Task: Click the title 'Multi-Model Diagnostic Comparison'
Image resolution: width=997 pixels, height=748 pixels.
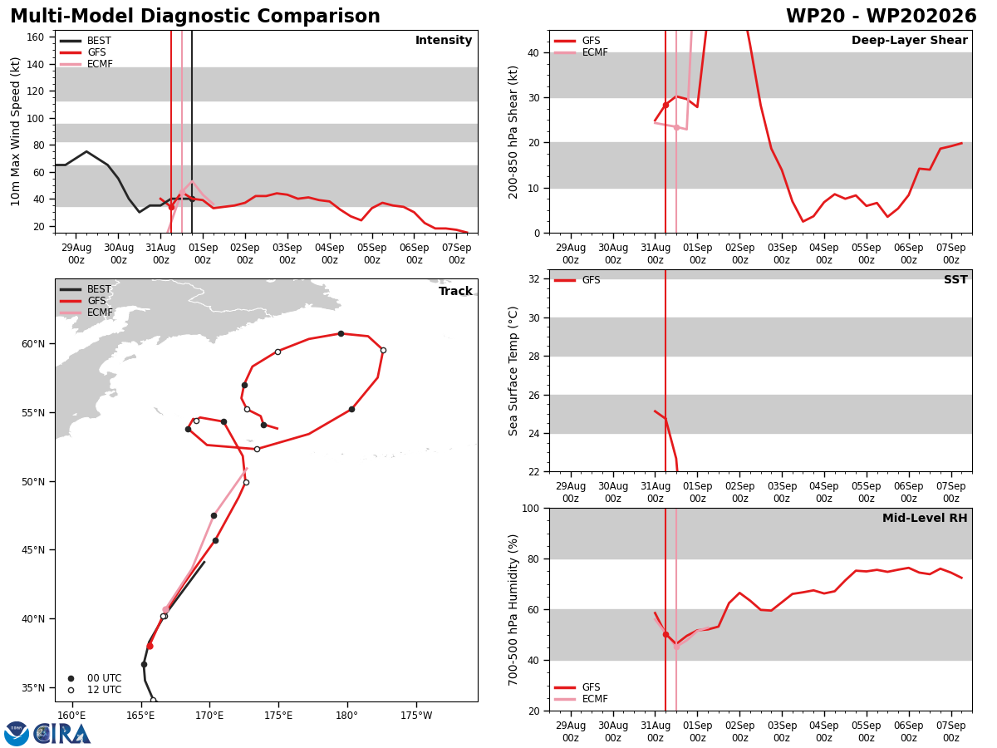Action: (x=195, y=17)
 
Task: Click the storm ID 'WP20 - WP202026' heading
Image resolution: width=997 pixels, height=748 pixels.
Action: (x=881, y=17)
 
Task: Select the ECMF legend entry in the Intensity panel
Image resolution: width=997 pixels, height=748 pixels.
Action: (x=86, y=64)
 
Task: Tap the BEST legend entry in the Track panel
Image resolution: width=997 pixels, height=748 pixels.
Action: (x=85, y=289)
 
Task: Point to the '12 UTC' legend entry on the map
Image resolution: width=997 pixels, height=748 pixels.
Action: (x=95, y=690)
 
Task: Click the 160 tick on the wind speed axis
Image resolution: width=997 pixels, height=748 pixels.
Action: (x=35, y=37)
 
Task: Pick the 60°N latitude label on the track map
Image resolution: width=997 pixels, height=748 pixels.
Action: (x=33, y=344)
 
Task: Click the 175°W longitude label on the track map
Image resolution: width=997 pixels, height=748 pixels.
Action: (x=416, y=716)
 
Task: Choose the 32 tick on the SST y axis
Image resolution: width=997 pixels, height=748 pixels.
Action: (x=534, y=279)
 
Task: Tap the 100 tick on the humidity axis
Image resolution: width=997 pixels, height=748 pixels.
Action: (x=531, y=508)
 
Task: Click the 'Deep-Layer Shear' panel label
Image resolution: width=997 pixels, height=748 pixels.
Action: (x=909, y=41)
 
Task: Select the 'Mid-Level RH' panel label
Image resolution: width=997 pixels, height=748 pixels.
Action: (x=925, y=518)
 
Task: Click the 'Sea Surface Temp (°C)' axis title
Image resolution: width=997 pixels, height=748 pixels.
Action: (x=513, y=371)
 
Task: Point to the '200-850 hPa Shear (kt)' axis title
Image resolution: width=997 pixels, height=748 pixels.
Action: (x=513, y=133)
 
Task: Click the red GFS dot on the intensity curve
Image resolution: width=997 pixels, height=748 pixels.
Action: (x=171, y=208)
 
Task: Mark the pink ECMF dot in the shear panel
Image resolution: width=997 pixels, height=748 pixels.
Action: (x=676, y=128)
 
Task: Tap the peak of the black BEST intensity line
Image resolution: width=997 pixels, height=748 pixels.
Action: (x=86, y=152)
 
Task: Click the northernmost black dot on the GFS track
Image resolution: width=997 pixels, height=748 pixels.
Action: (x=341, y=334)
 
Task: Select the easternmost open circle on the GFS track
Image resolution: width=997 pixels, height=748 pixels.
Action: (x=383, y=351)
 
